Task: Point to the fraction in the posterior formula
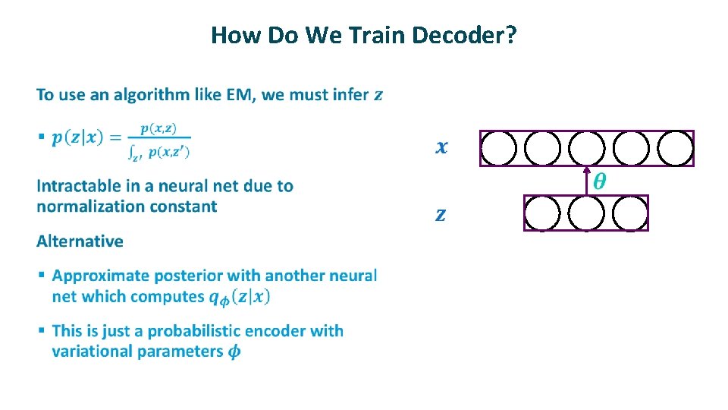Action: [159, 141]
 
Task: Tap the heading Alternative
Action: [80, 241]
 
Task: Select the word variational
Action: [94, 352]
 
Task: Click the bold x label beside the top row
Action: [441, 147]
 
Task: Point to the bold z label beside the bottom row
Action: [441, 215]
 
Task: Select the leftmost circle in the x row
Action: [498, 148]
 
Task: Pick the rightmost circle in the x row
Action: [675, 148]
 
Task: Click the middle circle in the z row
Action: [586, 213]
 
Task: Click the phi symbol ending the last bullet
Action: [235, 352]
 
